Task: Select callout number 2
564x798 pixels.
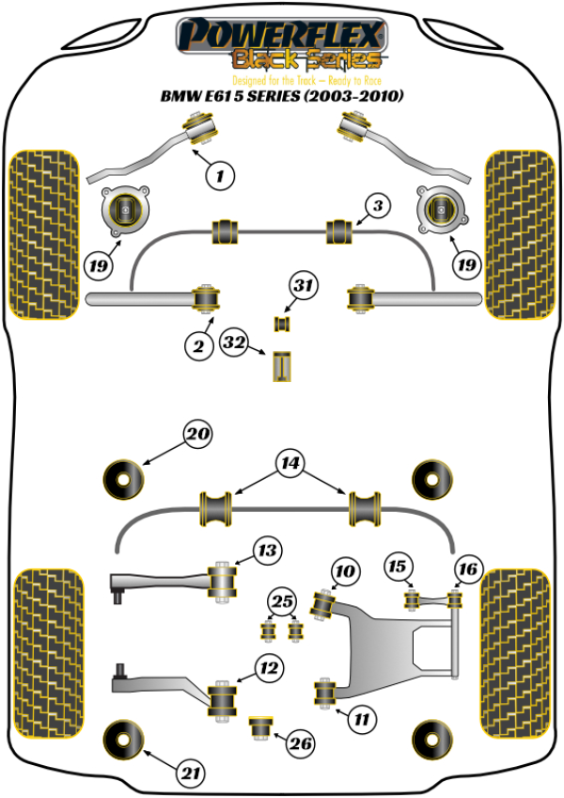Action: tap(198, 347)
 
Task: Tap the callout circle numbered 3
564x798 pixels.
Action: tap(377, 205)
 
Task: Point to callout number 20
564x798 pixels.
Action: tap(197, 435)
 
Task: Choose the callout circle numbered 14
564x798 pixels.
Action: tap(290, 463)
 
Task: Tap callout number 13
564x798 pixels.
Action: tap(269, 550)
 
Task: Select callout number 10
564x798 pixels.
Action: tap(345, 570)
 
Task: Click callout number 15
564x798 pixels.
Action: tap(399, 567)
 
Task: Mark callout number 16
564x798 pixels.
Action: tap(467, 567)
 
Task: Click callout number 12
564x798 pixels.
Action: tap(269, 669)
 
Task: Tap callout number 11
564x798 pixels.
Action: tap(360, 720)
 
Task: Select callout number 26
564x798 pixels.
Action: tap(300, 744)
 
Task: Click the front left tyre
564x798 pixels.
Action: tap(41, 233)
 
